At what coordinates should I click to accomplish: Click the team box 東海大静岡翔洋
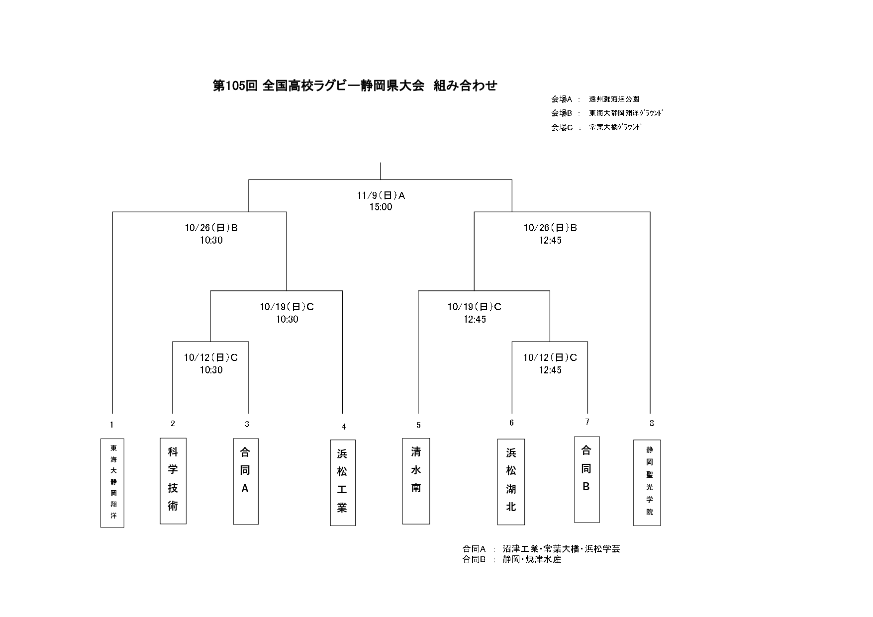tap(112, 482)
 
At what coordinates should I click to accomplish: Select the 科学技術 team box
tap(173, 480)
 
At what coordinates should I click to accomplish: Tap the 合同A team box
tap(246, 481)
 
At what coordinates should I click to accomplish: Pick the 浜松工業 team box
tap(343, 482)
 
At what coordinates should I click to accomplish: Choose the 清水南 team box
tap(416, 481)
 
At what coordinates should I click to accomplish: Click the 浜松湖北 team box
tap(511, 481)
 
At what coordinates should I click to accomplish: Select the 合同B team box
tap(586, 479)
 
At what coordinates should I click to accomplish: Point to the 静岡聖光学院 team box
tap(647, 482)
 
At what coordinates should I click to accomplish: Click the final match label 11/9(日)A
tap(381, 196)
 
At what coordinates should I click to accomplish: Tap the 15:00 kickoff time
tap(381, 207)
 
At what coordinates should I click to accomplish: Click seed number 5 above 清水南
tap(418, 425)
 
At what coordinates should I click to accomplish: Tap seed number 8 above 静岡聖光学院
tap(652, 424)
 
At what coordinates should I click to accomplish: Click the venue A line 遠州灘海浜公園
tap(614, 99)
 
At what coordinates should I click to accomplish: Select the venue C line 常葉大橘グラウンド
tap(615, 127)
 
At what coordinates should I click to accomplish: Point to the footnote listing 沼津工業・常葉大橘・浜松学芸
tap(561, 549)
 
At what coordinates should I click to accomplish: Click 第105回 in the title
tap(235, 86)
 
